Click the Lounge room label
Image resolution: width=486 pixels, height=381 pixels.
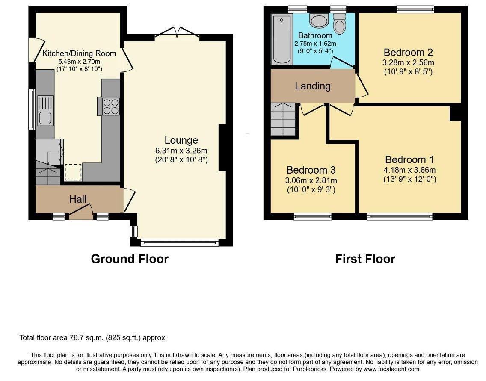click(181, 140)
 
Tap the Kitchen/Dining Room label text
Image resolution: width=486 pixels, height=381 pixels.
click(79, 53)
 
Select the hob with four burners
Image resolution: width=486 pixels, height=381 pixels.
click(111, 106)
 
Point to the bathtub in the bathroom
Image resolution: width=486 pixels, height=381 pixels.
click(282, 39)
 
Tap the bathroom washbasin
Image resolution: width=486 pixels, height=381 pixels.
click(319, 21)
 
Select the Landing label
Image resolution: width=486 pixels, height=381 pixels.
click(313, 86)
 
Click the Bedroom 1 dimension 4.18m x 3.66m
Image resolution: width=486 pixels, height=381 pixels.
click(409, 170)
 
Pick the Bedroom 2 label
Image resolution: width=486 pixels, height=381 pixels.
click(408, 52)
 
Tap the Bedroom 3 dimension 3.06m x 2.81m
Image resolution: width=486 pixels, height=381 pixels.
click(311, 180)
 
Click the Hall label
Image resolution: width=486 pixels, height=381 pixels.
click(78, 199)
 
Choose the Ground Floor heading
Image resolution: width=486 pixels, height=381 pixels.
click(130, 259)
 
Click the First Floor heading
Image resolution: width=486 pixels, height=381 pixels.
click(365, 259)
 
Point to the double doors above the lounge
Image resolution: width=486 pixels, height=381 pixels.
click(177, 32)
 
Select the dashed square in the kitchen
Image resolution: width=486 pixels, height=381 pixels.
click(73, 172)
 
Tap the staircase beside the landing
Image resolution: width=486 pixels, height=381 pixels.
click(283, 119)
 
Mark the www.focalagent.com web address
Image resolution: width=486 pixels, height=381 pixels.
click(391, 369)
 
